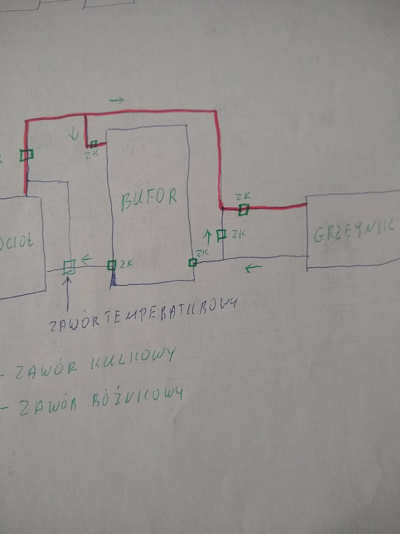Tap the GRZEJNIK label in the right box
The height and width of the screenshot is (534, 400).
(x=352, y=232)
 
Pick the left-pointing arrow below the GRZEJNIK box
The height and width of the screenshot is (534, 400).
(x=253, y=269)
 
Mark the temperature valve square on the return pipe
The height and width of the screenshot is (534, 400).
(x=68, y=268)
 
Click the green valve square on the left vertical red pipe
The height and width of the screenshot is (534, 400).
(x=26, y=155)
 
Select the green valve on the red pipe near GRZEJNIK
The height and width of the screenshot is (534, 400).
(x=244, y=210)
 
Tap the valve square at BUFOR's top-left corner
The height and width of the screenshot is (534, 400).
(x=94, y=144)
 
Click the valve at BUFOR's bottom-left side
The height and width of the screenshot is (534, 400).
(x=112, y=265)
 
